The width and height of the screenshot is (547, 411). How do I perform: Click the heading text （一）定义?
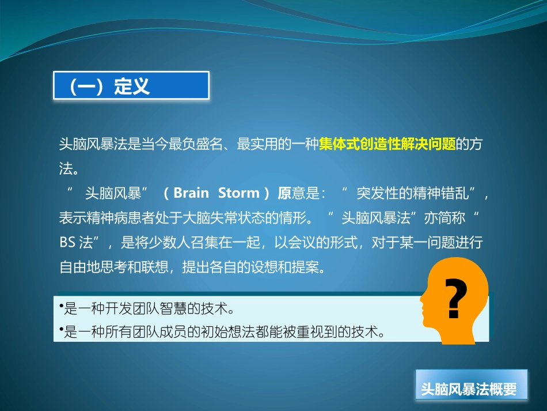coord(109,86)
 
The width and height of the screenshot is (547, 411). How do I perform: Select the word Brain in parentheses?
coord(191,193)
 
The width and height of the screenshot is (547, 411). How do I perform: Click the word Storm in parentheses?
coord(238,193)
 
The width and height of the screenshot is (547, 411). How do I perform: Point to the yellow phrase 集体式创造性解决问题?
coord(388,144)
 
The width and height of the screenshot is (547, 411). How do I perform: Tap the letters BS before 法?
coord(67,242)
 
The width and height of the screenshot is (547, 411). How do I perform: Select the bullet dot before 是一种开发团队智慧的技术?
coord(62,306)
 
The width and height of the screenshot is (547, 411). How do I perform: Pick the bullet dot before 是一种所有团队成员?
coord(62,329)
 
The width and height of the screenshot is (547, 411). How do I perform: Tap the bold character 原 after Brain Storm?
coord(284,193)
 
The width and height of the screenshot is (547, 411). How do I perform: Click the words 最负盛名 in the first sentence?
coord(196,144)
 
